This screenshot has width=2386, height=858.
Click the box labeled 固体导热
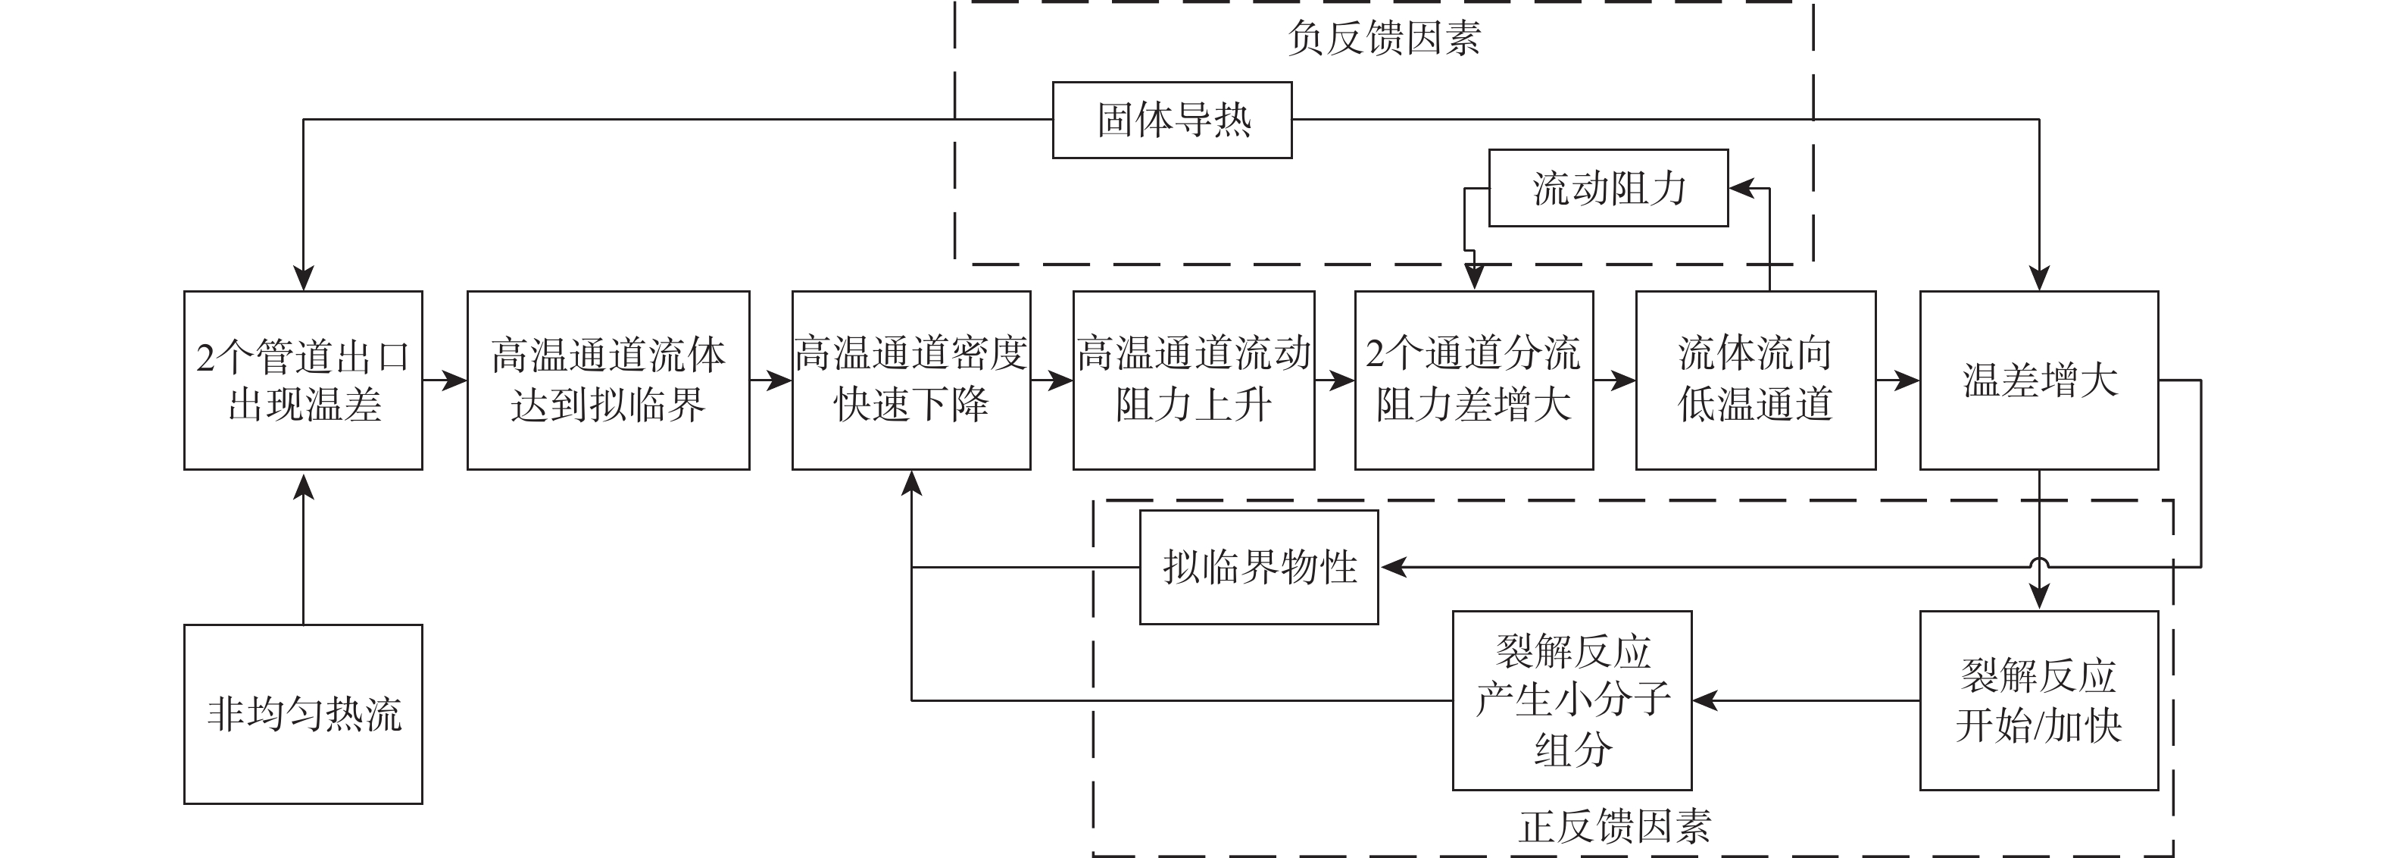click(x=1172, y=121)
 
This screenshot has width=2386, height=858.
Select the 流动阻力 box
click(x=1608, y=188)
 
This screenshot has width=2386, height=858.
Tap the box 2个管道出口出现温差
click(x=303, y=380)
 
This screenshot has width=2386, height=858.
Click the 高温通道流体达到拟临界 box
click(x=607, y=380)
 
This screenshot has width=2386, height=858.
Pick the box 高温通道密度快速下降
click(x=910, y=380)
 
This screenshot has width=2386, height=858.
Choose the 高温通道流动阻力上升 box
click(x=1193, y=380)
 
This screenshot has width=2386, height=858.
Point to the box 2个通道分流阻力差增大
click(x=1474, y=380)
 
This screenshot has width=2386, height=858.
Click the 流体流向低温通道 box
click(x=1755, y=380)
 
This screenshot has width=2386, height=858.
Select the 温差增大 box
click(x=2038, y=380)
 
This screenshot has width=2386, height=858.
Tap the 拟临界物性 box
click(x=1259, y=567)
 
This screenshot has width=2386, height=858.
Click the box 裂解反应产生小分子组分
click(x=1572, y=700)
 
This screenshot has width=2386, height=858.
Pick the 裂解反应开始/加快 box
click(x=2038, y=700)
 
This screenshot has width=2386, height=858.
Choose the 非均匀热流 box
click(x=303, y=713)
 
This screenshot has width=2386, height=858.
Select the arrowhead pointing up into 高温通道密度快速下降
click(x=911, y=483)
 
